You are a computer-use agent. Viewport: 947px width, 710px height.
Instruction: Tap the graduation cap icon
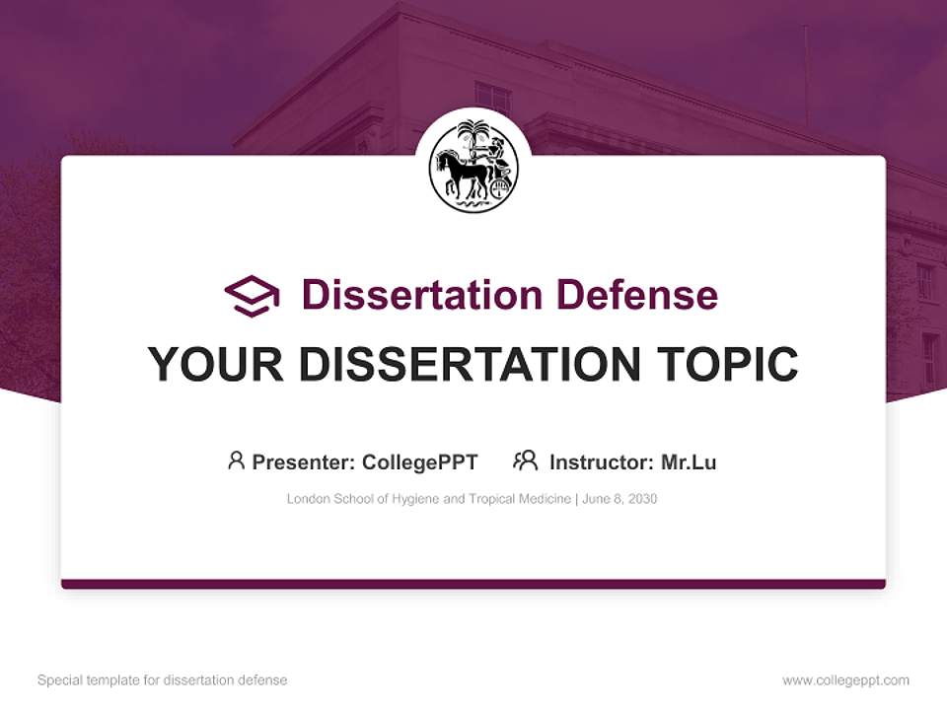coord(252,296)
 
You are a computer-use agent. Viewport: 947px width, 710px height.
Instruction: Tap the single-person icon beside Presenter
coord(236,461)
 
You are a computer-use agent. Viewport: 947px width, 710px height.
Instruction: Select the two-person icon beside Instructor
coord(525,461)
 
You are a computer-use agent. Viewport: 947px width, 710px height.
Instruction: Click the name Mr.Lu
coord(689,462)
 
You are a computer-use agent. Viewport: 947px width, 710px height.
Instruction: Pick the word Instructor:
coord(602,462)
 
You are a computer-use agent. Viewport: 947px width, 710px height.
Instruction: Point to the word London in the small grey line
coord(307,499)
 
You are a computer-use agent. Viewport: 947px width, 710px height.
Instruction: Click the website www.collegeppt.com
coord(845,680)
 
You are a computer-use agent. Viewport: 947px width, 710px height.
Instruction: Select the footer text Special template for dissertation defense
coord(163,680)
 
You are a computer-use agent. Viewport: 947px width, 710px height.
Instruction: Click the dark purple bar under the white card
coord(473,584)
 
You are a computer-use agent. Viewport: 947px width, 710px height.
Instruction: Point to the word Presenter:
coord(304,462)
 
